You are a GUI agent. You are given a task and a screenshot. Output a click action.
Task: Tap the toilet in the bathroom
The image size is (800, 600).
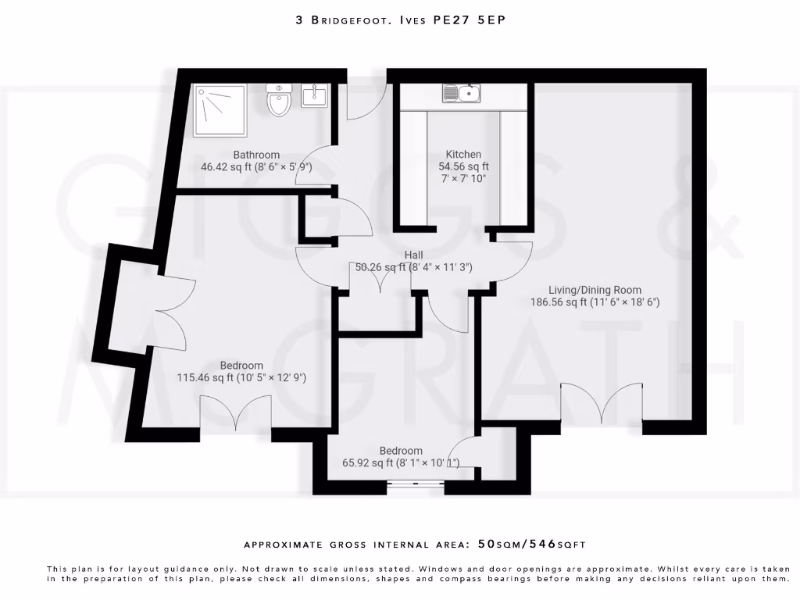click(x=278, y=102)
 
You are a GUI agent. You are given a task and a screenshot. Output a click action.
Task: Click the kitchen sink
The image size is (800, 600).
click(x=462, y=94)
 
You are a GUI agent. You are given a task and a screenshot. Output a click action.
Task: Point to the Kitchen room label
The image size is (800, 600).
click(x=463, y=154)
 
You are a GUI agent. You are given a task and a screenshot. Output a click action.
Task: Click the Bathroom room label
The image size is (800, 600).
click(x=256, y=155)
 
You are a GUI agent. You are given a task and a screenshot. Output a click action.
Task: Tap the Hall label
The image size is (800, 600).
click(x=413, y=255)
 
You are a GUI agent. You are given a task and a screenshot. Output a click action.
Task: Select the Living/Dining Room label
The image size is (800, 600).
click(x=595, y=289)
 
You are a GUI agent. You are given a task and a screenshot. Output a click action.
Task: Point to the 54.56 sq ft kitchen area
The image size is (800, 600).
click(x=463, y=166)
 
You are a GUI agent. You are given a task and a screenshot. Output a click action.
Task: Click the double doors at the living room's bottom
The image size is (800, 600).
click(x=601, y=405)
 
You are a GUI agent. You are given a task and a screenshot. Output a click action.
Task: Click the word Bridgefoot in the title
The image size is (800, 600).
click(x=347, y=20)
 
